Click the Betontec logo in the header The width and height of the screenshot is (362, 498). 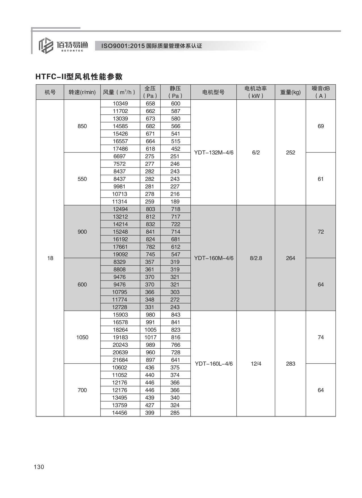[63, 45]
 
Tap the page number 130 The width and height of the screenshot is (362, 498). [39, 467]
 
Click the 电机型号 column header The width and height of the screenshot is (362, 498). [213, 92]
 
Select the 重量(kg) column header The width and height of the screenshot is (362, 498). [290, 92]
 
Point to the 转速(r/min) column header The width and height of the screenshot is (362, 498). [82, 92]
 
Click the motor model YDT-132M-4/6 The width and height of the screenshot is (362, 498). [214, 152]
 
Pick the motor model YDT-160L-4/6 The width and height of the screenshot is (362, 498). [214, 364]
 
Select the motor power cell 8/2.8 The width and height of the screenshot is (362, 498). [256, 258]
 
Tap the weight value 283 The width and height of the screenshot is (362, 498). [291, 364]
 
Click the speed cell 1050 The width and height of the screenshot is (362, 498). [82, 337]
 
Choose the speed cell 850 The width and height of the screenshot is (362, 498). [82, 126]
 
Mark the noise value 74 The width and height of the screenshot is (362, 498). [321, 337]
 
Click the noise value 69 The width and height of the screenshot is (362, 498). [321, 126]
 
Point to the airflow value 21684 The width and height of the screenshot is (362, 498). [120, 360]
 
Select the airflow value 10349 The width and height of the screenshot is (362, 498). [120, 104]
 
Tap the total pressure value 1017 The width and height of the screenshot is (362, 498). [150, 337]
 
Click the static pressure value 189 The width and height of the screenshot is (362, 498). [175, 202]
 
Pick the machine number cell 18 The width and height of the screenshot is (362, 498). [50, 258]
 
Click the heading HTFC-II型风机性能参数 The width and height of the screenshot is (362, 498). [79, 77]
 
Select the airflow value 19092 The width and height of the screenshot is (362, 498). [120, 254]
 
